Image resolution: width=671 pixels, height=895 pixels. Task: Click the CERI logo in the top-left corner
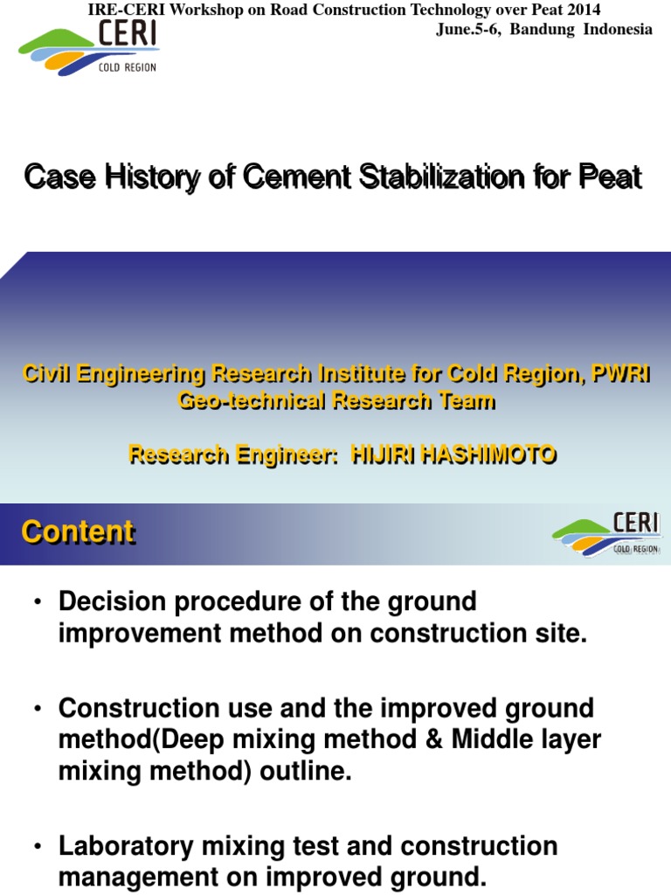click(87, 51)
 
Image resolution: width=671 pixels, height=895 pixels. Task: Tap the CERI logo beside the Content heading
click(606, 533)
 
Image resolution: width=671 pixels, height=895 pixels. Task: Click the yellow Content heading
click(78, 531)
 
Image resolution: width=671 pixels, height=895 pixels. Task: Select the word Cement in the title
click(294, 177)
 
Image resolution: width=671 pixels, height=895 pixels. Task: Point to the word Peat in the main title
click(610, 177)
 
